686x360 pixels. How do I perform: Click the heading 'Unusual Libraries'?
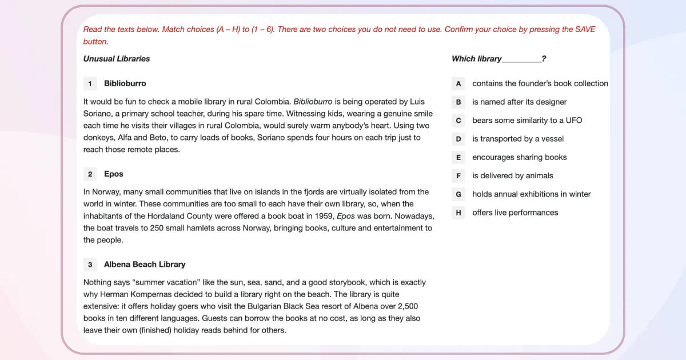pyautogui.click(x=117, y=59)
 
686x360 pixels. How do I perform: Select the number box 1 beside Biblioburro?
pyautogui.click(x=90, y=84)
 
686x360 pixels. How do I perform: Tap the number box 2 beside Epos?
pyautogui.click(x=90, y=174)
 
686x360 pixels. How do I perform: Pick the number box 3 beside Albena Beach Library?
pyautogui.click(x=90, y=265)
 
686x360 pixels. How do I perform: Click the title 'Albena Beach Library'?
pyautogui.click(x=145, y=265)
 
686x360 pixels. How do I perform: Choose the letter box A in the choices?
pyautogui.click(x=458, y=84)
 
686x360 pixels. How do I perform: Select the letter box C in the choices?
pyautogui.click(x=458, y=121)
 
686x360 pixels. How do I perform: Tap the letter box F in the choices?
pyautogui.click(x=458, y=176)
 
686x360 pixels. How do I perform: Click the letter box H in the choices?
pyautogui.click(x=458, y=213)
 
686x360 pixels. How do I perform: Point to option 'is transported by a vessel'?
pyautogui.click(x=518, y=139)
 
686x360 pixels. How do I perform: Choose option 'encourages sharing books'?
pyautogui.click(x=519, y=157)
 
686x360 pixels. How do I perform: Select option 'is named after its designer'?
pyautogui.click(x=519, y=102)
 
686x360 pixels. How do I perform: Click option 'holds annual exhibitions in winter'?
pyautogui.click(x=531, y=194)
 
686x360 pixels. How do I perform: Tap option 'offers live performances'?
pyautogui.click(x=514, y=213)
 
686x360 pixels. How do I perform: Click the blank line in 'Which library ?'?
pyautogui.click(x=521, y=59)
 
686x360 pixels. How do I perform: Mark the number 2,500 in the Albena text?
pyautogui.click(x=408, y=306)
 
